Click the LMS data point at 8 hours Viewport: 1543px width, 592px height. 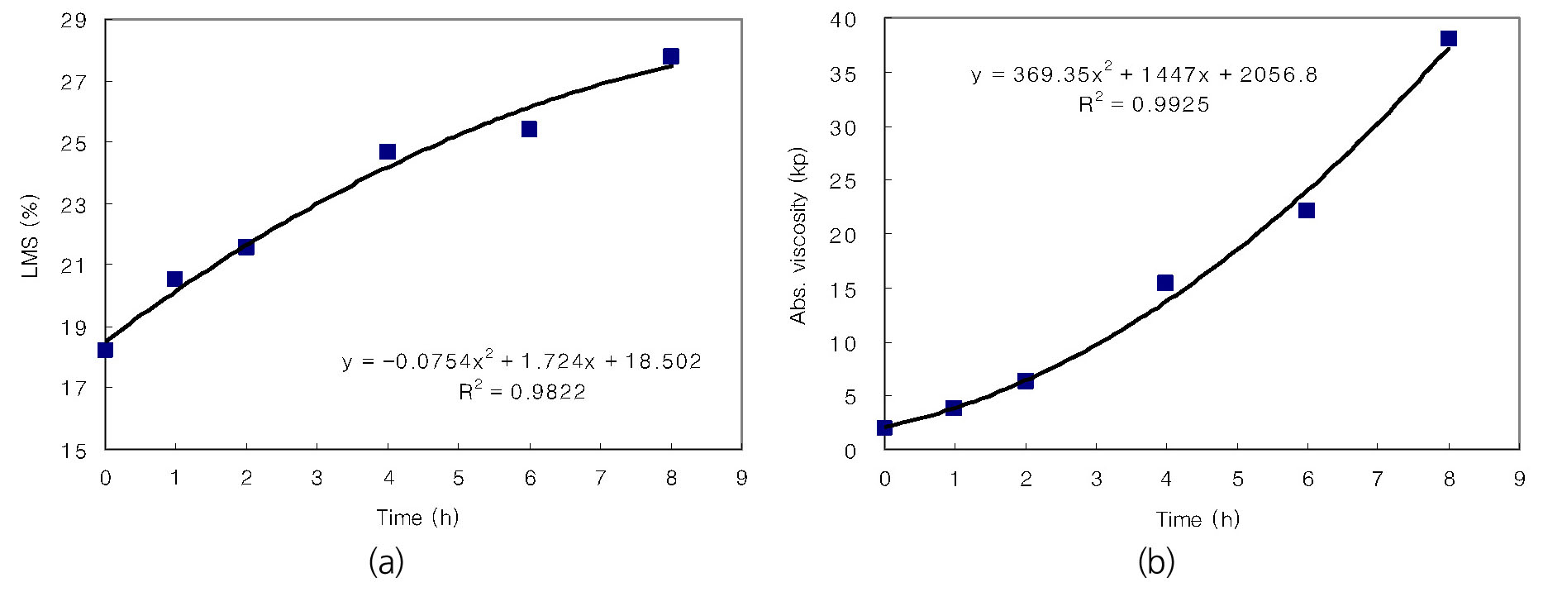click(x=671, y=56)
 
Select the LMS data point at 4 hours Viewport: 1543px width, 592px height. click(x=388, y=151)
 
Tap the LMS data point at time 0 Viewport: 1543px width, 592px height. click(x=105, y=350)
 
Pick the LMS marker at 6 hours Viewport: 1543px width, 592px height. click(x=529, y=129)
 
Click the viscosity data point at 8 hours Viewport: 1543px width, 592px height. click(x=1448, y=39)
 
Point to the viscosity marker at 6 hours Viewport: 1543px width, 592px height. click(x=1307, y=210)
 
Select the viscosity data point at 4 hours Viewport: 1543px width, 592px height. click(x=1165, y=283)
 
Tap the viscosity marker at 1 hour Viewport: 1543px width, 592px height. click(x=954, y=408)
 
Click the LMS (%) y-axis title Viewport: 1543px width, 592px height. click(x=31, y=236)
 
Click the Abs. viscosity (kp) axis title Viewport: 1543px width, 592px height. click(x=798, y=236)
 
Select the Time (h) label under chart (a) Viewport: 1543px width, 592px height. click(x=417, y=518)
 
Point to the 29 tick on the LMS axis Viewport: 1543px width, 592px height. click(x=74, y=21)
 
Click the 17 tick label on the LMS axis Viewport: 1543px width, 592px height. click(x=74, y=388)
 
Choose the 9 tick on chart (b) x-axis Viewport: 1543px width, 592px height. click(x=1519, y=479)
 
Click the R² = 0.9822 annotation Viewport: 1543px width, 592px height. click(x=522, y=391)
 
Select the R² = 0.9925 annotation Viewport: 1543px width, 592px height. click(x=1144, y=104)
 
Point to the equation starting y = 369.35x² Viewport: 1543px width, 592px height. click(x=1144, y=75)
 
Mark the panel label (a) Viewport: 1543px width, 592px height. click(x=386, y=563)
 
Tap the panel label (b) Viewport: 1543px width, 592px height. click(x=1155, y=563)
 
